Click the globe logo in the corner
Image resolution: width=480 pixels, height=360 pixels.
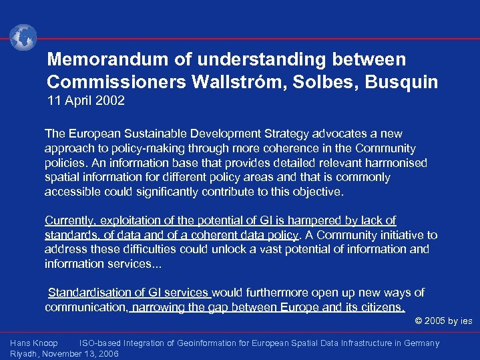click(23, 37)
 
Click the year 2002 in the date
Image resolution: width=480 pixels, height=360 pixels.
click(110, 102)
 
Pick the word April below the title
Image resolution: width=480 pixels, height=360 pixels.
click(77, 102)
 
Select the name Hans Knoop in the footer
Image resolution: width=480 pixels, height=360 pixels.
click(34, 343)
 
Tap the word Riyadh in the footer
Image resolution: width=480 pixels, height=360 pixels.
click(25, 354)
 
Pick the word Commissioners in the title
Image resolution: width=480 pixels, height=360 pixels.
click(115, 83)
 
